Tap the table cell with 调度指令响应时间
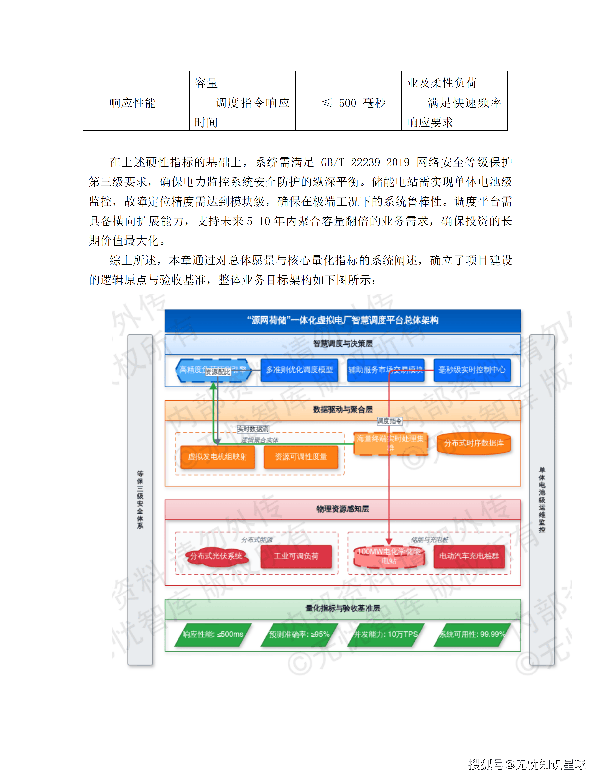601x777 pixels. [242, 112]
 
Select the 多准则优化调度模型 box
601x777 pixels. [299, 370]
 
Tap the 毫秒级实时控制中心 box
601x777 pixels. [472, 370]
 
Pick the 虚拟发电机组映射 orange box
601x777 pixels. [218, 457]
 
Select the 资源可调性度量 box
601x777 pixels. [301, 457]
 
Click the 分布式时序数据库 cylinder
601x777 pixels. [474, 443]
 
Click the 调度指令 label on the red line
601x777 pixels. [390, 421]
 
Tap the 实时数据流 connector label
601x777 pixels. [253, 429]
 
